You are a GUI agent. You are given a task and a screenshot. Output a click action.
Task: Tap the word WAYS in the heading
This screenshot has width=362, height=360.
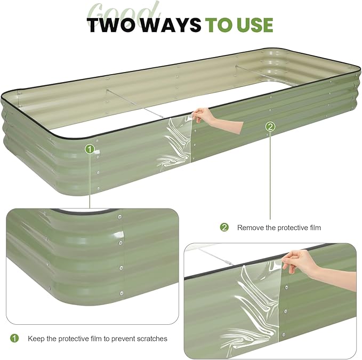pos(173,25)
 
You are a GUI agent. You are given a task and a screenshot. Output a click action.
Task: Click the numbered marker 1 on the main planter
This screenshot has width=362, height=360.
pos(90,149)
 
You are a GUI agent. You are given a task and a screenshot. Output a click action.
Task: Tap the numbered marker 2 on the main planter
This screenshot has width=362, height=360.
pos(270,126)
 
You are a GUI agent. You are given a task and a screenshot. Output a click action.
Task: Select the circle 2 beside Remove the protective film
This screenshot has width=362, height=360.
pos(224,227)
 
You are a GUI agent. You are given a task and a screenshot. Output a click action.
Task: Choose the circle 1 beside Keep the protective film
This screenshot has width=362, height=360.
pos(14,338)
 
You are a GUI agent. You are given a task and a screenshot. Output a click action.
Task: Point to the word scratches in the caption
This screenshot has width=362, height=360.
pos(151,339)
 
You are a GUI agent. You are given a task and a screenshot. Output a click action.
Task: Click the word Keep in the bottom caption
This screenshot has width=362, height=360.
pos(36,339)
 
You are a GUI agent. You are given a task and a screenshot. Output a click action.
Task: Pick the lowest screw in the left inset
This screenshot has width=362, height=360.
pos(122,292)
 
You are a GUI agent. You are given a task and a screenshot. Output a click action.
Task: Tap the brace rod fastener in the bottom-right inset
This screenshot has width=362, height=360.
pos(229,262)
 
